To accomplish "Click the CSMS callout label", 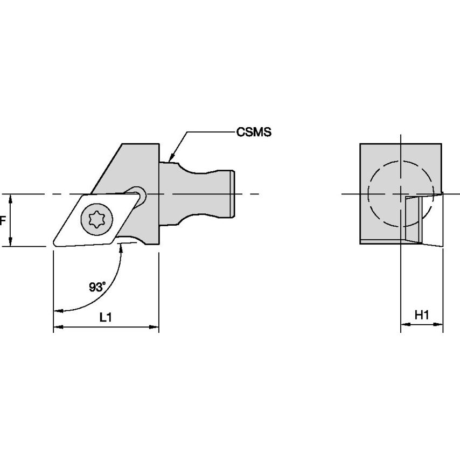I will [253, 131].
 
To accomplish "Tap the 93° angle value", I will [97, 287].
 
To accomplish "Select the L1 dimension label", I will [106, 318].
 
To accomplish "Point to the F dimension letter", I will [3, 220].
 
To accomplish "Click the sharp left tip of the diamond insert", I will [54, 245].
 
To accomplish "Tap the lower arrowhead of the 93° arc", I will [58, 310].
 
